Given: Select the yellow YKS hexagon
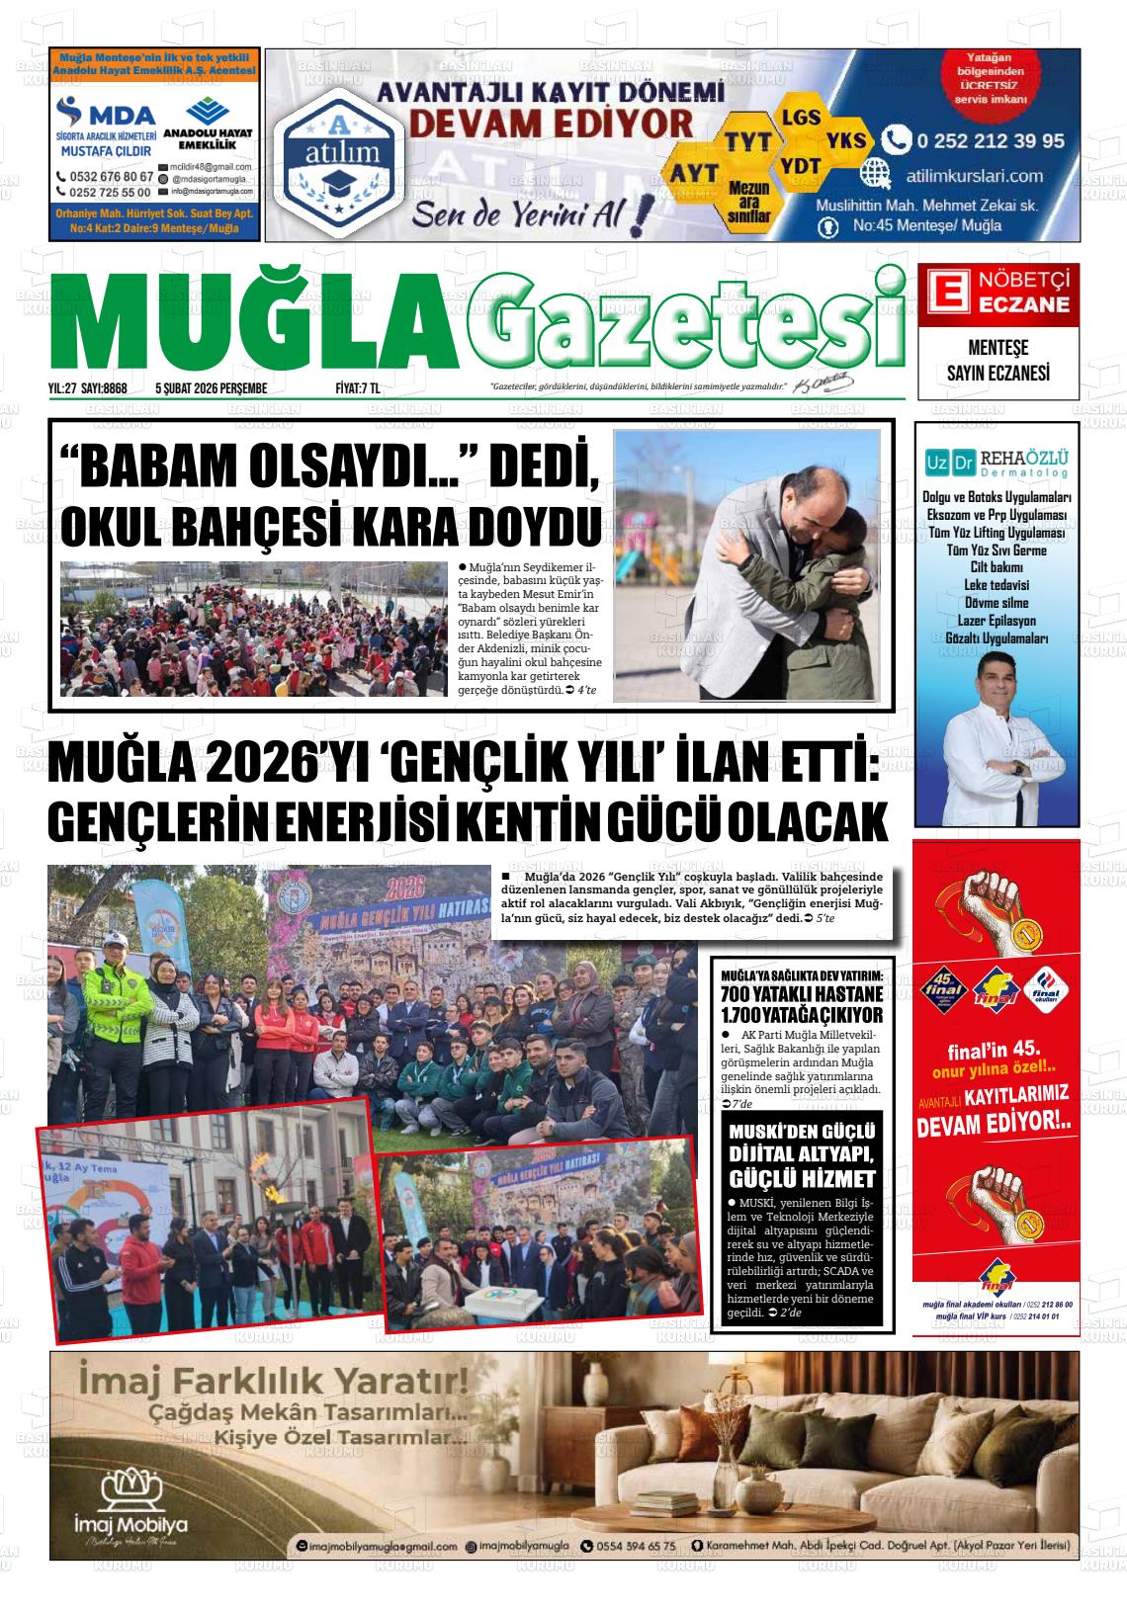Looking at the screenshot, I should tap(846, 140).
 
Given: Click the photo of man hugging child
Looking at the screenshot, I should tap(748, 565).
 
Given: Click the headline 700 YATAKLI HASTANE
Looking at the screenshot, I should tap(802, 993).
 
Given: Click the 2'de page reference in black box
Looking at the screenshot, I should tap(790, 1313).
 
